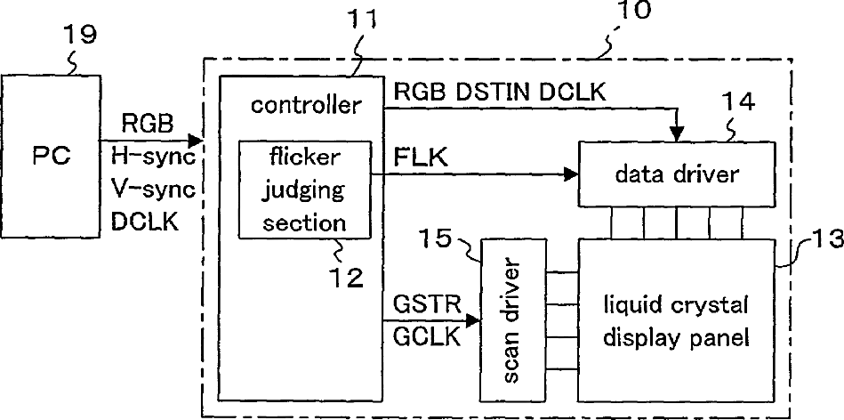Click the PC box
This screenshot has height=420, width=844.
pyautogui.click(x=50, y=156)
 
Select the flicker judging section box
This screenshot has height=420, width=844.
pyautogui.click(x=305, y=190)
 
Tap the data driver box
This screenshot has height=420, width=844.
pyautogui.click(x=677, y=174)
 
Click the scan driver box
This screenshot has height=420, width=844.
pyautogui.click(x=513, y=319)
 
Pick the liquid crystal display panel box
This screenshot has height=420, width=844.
pyautogui.click(x=676, y=319)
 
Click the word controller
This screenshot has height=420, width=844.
pyautogui.click(x=305, y=105)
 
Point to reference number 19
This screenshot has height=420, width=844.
pyautogui.click(x=80, y=35)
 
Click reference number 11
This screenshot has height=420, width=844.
pyautogui.click(x=362, y=20)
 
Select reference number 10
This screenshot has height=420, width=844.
pyautogui.click(x=633, y=10)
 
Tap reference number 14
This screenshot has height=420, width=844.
pyautogui.click(x=738, y=102)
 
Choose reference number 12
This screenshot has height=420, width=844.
pyautogui.click(x=347, y=278)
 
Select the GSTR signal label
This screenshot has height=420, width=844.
pyautogui.click(x=428, y=305)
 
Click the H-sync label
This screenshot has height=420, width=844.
pyautogui.click(x=153, y=157)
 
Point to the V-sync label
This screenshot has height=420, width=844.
pyautogui.click(x=153, y=190)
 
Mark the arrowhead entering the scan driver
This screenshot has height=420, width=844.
pyautogui.click(x=474, y=321)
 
